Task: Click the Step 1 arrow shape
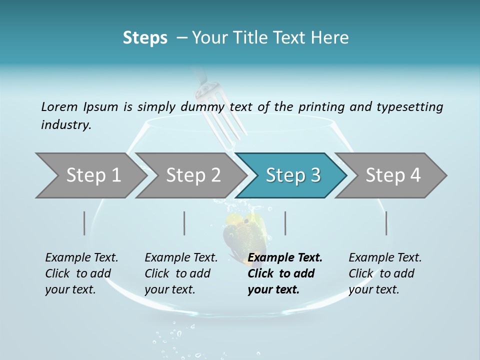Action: point(90,175)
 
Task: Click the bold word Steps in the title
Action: point(145,38)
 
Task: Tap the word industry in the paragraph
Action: point(65,125)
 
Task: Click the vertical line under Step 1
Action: point(84,223)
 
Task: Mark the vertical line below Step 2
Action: point(184,223)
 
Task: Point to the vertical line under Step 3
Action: point(285,223)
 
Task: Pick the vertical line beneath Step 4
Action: point(386,223)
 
